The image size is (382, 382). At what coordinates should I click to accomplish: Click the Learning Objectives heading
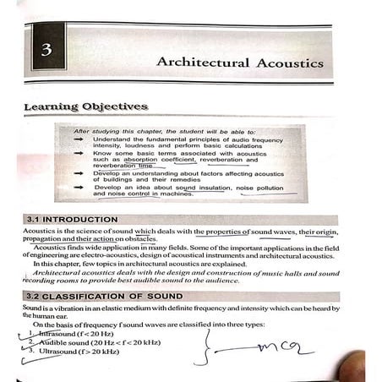pyautogui.click(x=85, y=107)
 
